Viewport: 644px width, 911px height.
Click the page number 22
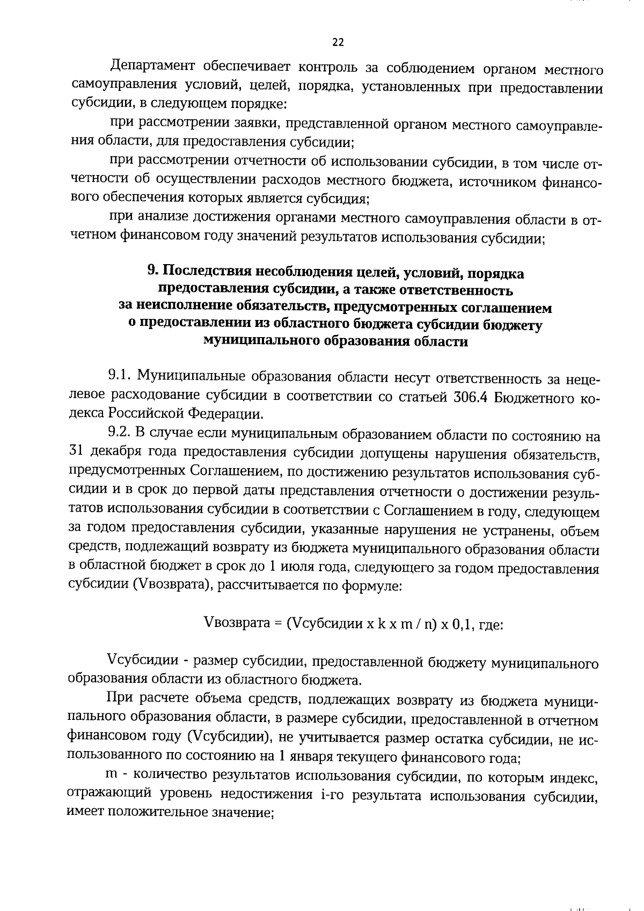point(338,42)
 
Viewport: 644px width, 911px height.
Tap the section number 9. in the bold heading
point(152,273)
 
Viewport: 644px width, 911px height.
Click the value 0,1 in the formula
point(463,625)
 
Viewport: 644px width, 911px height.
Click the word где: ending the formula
point(490,625)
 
